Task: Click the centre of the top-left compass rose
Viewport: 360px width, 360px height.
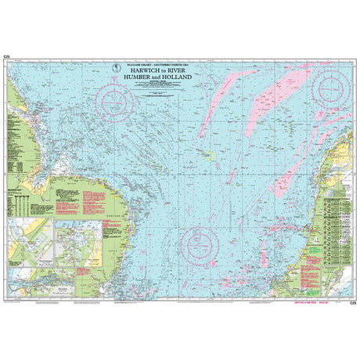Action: (113, 99)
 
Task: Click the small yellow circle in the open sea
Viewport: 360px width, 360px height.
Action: (209, 154)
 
